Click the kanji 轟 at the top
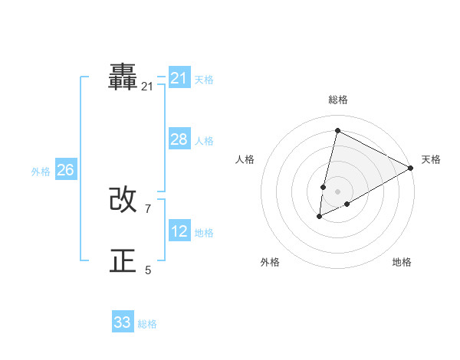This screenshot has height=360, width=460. click(123, 77)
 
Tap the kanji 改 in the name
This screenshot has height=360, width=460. click(123, 200)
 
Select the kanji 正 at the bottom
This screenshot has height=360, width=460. click(123, 261)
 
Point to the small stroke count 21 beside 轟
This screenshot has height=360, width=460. click(147, 87)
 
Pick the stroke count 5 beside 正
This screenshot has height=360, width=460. click(148, 270)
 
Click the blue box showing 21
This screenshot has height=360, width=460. click(179, 78)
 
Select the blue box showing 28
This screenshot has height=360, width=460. click(179, 139)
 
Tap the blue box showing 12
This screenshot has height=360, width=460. click(179, 231)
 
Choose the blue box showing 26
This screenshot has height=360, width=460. click(65, 170)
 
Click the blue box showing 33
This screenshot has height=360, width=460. click(123, 322)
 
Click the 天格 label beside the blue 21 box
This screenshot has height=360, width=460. click(204, 79)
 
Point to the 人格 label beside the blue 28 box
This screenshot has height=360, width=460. click(204, 141)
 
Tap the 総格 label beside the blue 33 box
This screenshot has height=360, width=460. click(147, 324)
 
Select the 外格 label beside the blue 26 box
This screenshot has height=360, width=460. click(41, 172)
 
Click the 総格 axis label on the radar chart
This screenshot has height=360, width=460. click(337, 100)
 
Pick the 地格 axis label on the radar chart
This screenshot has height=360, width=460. click(402, 262)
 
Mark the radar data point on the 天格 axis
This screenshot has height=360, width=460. click(411, 168)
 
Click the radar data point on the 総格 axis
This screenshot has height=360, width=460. click(337, 130)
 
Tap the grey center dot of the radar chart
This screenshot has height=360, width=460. click(337, 191)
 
